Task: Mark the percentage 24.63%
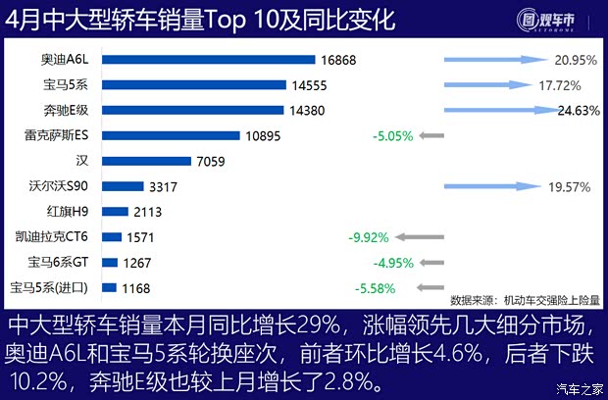tap(577, 111)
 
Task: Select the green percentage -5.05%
tap(392, 135)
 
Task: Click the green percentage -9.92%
tap(369, 237)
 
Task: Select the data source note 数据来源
tap(525, 300)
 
